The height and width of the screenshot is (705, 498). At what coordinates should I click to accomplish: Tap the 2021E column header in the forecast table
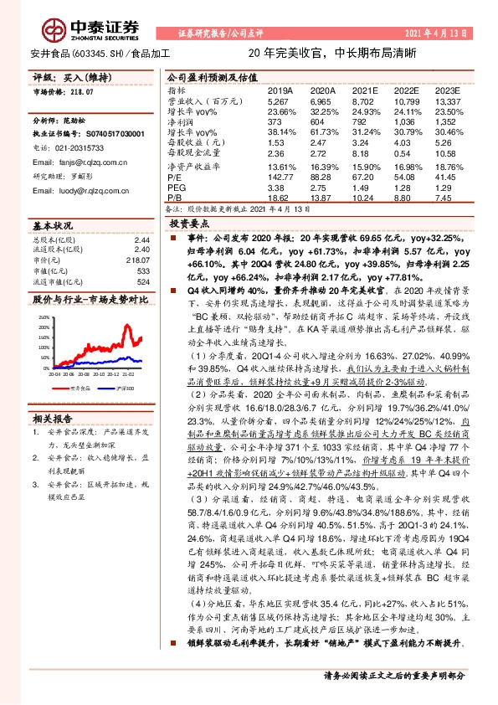point(365,89)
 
